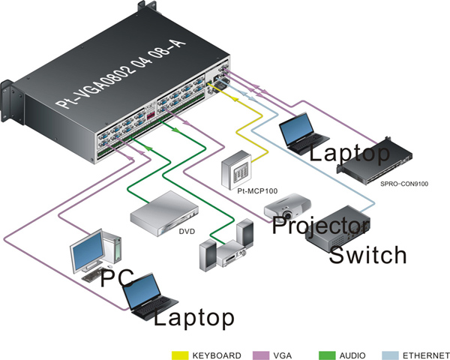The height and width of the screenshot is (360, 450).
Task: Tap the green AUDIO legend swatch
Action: [x=328, y=354]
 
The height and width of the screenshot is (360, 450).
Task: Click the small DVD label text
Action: [x=187, y=231]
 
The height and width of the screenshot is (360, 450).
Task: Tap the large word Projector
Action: [x=321, y=224]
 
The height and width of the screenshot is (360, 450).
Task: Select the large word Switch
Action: [x=368, y=254]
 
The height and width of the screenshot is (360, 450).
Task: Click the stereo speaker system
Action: [x=224, y=247]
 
